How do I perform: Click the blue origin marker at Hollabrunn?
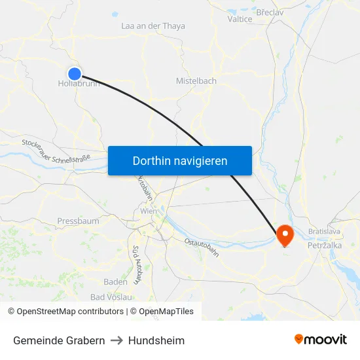[x=75, y=74]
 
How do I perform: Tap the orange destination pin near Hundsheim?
[x=285, y=234]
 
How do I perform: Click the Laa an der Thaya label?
[x=153, y=26]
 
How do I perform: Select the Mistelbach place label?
[x=196, y=81]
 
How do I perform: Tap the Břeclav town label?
[x=270, y=12]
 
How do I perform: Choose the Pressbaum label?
[x=78, y=221]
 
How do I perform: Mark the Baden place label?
[x=115, y=281]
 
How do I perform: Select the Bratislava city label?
[x=325, y=232]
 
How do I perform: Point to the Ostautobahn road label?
[x=202, y=251]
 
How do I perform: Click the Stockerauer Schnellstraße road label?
[x=56, y=151]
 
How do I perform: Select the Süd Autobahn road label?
[x=137, y=264]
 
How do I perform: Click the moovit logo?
[x=321, y=339]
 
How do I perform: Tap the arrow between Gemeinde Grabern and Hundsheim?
[x=117, y=340]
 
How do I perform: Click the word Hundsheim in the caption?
[x=156, y=340]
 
